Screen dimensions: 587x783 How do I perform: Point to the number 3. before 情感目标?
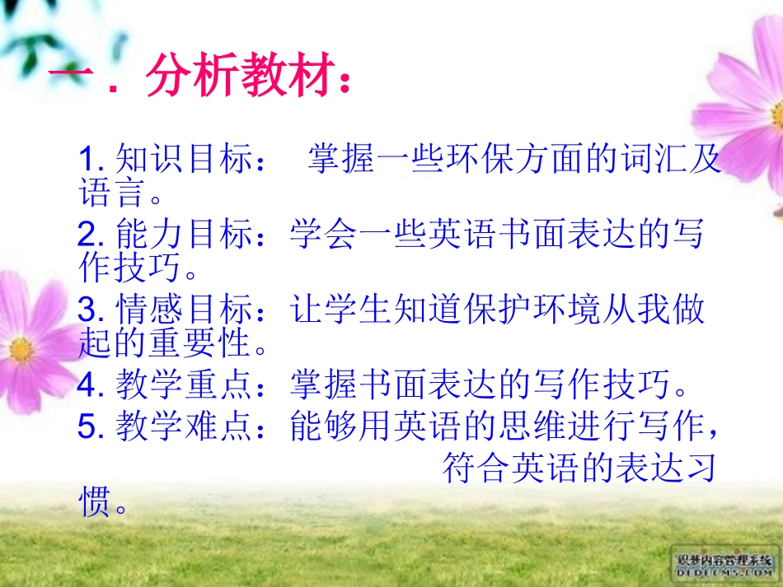(x=89, y=310)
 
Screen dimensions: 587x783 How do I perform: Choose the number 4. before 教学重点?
(x=89, y=383)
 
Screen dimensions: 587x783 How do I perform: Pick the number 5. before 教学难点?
(x=89, y=426)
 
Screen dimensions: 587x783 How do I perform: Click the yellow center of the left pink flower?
(x=21, y=349)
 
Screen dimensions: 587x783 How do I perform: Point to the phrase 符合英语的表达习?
(x=577, y=468)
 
